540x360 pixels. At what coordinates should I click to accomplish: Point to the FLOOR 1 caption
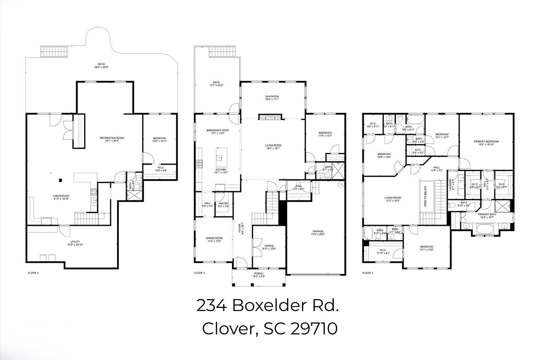click(33, 273)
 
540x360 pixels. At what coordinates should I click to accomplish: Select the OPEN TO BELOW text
click(425, 196)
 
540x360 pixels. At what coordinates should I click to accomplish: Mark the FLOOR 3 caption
click(367, 273)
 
